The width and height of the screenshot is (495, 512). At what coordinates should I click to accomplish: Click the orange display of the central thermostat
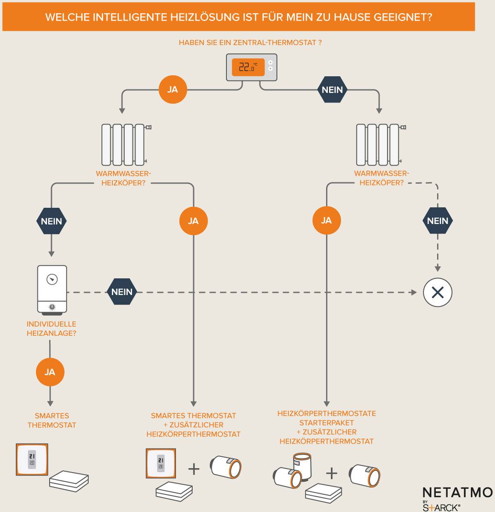[248, 67]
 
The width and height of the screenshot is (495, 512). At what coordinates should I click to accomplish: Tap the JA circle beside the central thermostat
[172, 89]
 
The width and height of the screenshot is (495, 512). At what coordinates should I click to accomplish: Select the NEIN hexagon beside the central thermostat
[332, 89]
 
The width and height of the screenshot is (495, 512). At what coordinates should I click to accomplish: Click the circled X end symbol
[438, 292]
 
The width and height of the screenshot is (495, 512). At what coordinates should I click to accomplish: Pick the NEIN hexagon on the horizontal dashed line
[122, 292]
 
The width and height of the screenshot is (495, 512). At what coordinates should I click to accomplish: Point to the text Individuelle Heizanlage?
[51, 329]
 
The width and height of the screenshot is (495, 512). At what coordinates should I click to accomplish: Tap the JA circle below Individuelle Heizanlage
[50, 372]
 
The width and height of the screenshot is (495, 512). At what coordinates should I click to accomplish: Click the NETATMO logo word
[457, 492]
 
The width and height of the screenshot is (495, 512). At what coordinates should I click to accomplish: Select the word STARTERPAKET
[326, 423]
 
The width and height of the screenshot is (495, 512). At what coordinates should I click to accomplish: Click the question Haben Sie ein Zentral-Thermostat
[250, 43]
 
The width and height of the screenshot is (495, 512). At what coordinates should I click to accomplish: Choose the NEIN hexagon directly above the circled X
[438, 221]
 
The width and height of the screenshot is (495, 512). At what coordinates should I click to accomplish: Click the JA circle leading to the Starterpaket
[326, 220]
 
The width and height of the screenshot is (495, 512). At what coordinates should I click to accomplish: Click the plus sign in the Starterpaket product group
[332, 473]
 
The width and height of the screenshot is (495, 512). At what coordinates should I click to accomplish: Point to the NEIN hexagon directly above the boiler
[51, 221]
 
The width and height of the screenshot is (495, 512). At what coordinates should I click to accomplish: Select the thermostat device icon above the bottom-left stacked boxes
[32, 459]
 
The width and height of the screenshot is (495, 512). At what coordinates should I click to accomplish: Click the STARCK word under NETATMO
[441, 507]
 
